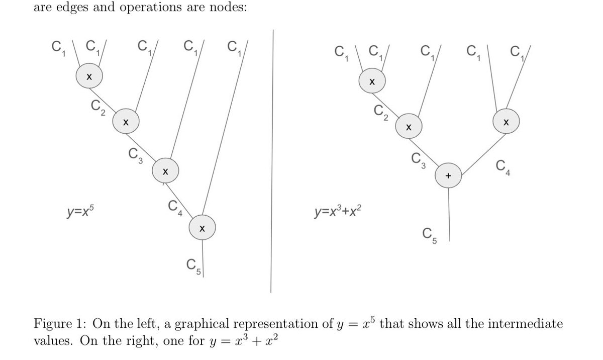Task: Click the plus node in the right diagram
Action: point(448,175)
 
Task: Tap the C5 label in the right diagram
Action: point(430,236)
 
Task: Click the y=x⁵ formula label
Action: point(80,211)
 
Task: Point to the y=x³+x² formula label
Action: point(338,211)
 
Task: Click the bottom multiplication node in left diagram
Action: point(202,228)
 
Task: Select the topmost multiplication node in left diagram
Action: point(89,76)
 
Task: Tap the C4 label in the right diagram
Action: point(503,168)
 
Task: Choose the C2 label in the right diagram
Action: point(381,113)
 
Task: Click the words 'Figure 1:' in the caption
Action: point(60,323)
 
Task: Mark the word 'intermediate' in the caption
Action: point(525,323)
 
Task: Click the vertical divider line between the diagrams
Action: point(272,161)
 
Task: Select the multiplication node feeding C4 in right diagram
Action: point(506,121)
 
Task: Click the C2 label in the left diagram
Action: point(98,108)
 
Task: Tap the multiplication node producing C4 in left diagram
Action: point(165,171)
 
